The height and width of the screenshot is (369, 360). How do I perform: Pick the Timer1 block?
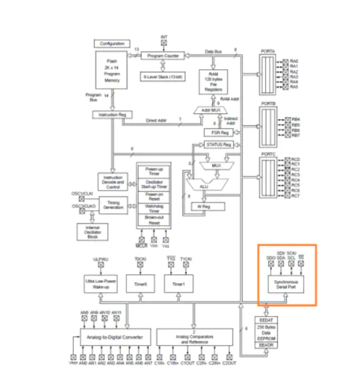coord(179,284)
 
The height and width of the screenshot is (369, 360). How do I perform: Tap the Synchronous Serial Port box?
coord(287,284)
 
